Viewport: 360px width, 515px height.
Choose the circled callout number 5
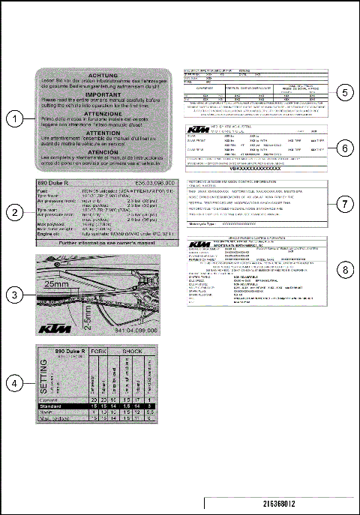click(x=343, y=93)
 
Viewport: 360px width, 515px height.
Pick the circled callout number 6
click(x=343, y=148)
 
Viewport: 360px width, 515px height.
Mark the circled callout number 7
click(x=343, y=203)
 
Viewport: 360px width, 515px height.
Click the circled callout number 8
click(x=343, y=268)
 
